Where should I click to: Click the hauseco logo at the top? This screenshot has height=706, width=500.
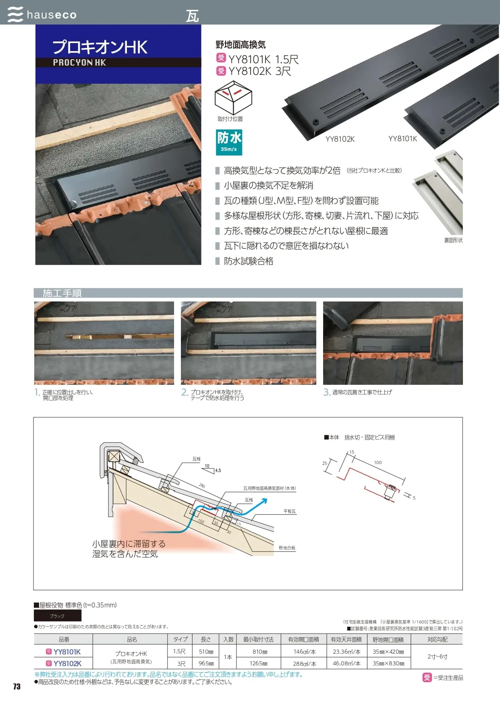pos(42,14)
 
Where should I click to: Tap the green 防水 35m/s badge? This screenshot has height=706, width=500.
pos(229,142)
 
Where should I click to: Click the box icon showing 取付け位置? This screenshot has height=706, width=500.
pos(233,97)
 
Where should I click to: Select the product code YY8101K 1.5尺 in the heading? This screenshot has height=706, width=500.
pos(263,59)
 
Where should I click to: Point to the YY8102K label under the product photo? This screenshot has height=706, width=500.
pos(340,139)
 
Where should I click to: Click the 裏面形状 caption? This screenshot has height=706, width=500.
pos(453,240)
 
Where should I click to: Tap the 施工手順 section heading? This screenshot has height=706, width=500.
pos(62,293)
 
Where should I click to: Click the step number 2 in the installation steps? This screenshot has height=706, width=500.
pos(184,392)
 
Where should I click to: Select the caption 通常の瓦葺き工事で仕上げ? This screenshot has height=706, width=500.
pos(362,392)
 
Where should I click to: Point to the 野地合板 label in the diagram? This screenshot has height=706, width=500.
pos(287,548)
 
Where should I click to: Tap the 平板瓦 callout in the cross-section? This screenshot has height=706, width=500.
pos(289,511)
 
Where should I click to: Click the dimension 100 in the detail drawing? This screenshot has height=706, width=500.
pos(378,462)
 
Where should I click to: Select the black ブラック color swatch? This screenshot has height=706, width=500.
pos(58,616)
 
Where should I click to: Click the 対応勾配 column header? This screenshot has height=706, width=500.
pos(437,639)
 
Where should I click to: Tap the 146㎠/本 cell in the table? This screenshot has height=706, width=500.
pos(304,652)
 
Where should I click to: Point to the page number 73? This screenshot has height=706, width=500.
pos(17,687)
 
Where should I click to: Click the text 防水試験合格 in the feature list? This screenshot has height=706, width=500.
pos(249,261)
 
